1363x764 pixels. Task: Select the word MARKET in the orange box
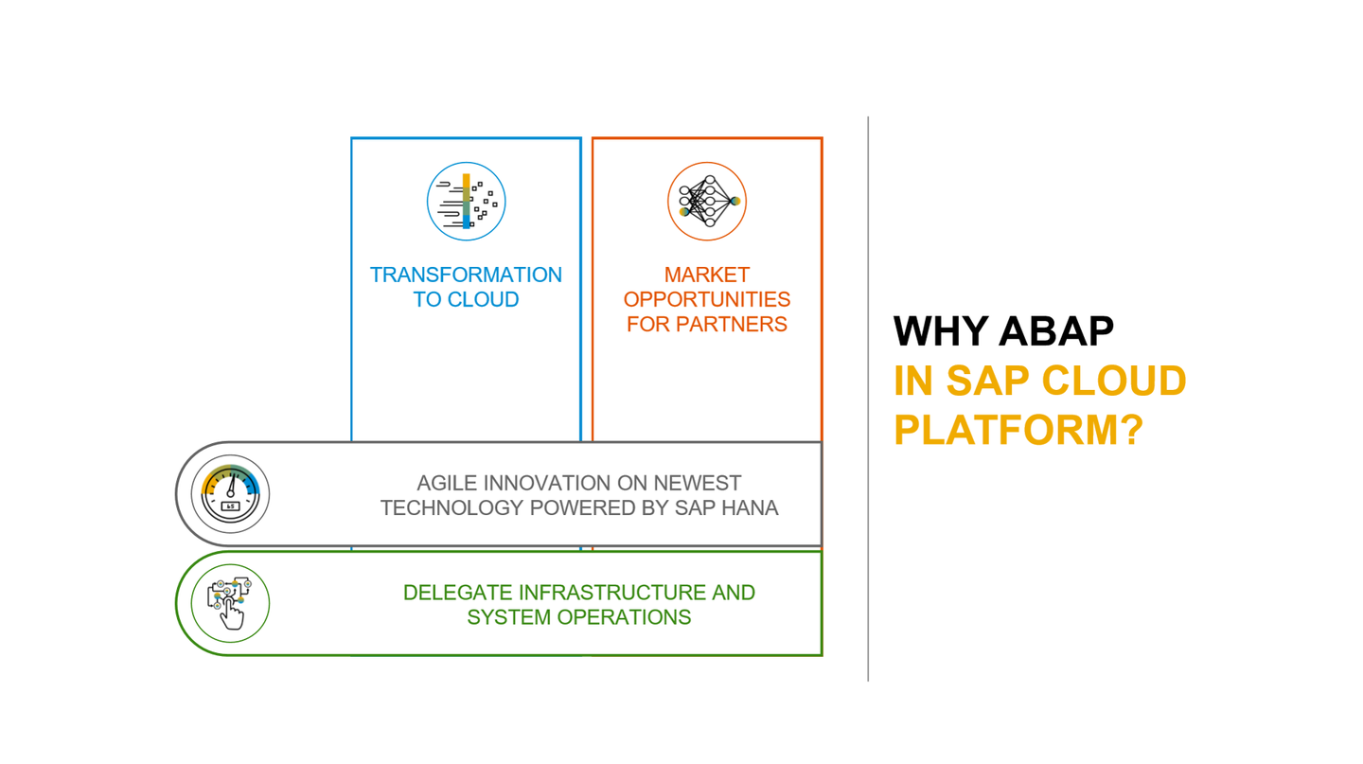[x=707, y=275]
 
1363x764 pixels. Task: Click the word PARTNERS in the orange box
[x=739, y=325]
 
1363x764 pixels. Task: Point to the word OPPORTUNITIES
[x=707, y=300]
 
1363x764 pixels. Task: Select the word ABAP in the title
[x=1057, y=331]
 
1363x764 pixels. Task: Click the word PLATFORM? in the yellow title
[x=1018, y=430]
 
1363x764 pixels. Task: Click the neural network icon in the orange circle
[x=707, y=202]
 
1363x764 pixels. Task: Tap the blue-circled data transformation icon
[x=466, y=202]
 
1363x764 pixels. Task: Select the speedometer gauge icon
[x=230, y=493]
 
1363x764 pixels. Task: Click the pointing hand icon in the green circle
[x=230, y=603]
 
